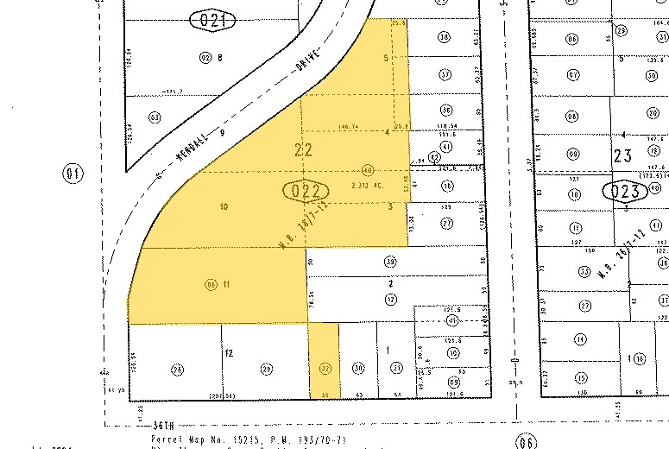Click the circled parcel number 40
pyautogui.click(x=369, y=169)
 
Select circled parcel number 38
pyautogui.click(x=445, y=36)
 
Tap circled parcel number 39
pyautogui.click(x=390, y=262)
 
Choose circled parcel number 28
pyautogui.click(x=178, y=370)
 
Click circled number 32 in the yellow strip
pyautogui.click(x=325, y=367)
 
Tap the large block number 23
pyautogui.click(x=623, y=156)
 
